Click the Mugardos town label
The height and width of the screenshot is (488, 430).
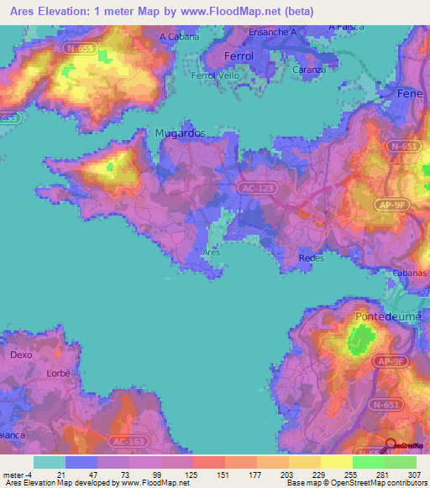point(180,132)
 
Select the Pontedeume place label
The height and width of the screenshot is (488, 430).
point(382,317)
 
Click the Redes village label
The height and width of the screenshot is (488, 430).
point(311,259)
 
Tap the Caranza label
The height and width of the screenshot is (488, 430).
point(309,70)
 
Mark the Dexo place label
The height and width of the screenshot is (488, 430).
point(21,355)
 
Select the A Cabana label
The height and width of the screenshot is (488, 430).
point(180,37)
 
